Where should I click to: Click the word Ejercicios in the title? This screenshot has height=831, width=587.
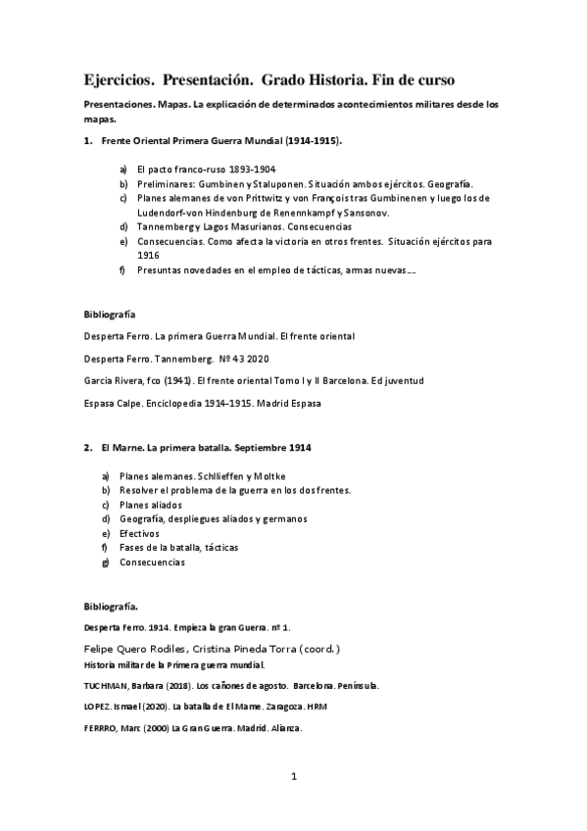point(117,78)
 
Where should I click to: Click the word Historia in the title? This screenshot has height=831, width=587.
point(356,78)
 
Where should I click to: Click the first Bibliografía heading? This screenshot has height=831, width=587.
point(110,316)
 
